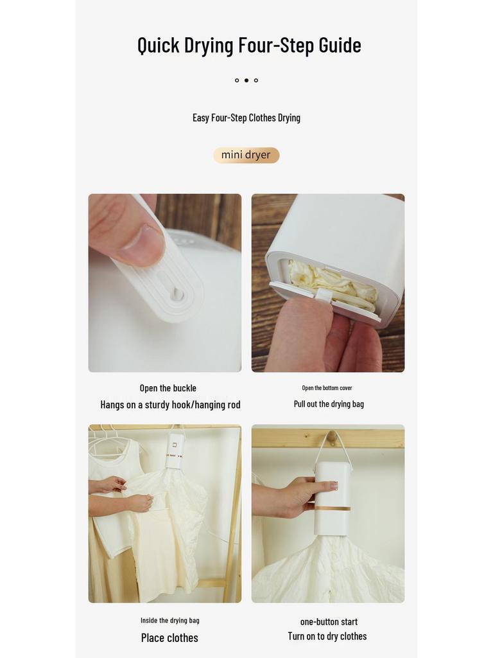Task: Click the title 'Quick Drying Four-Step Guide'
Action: coord(249,45)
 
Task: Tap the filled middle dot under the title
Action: coord(246,80)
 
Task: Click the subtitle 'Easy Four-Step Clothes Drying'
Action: coord(246,118)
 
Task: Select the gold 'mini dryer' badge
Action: coord(246,155)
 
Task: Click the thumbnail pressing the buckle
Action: coord(165,283)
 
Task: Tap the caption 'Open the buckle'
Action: coord(168,388)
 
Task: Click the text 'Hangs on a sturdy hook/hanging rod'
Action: coord(170,405)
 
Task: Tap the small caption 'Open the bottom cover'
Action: coord(327,388)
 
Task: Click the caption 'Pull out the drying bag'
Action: coord(329,404)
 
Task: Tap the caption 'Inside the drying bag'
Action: coord(170,621)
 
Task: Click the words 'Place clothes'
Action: coord(169,638)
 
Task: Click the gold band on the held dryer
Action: coord(333,508)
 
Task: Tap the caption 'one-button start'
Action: coord(329,621)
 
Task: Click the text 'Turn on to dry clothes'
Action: coord(327,636)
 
